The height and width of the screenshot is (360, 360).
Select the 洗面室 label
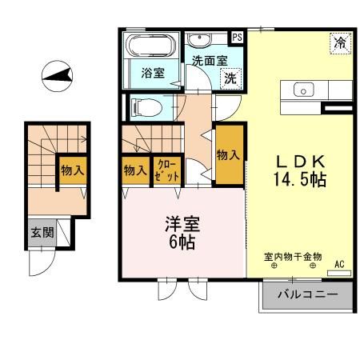coord(207,59)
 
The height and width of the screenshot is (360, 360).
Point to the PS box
coord(237,37)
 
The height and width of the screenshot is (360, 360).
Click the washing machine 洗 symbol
coord(230,78)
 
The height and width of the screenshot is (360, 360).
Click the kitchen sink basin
coord(305,90)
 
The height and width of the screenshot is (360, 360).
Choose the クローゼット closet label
coord(166,170)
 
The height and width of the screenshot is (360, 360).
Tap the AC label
coord(338,262)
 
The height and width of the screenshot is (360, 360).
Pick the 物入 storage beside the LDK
coord(228,154)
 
